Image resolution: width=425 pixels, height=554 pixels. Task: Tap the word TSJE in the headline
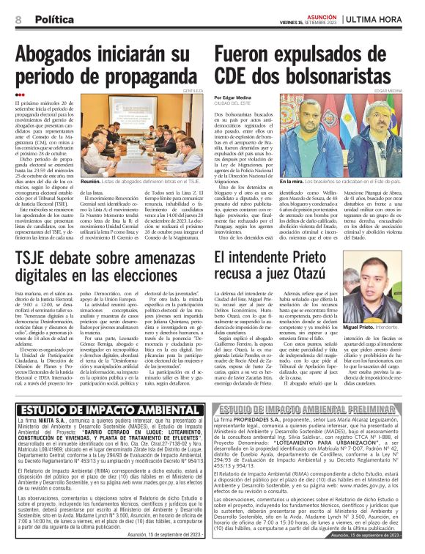tap(37, 259)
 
